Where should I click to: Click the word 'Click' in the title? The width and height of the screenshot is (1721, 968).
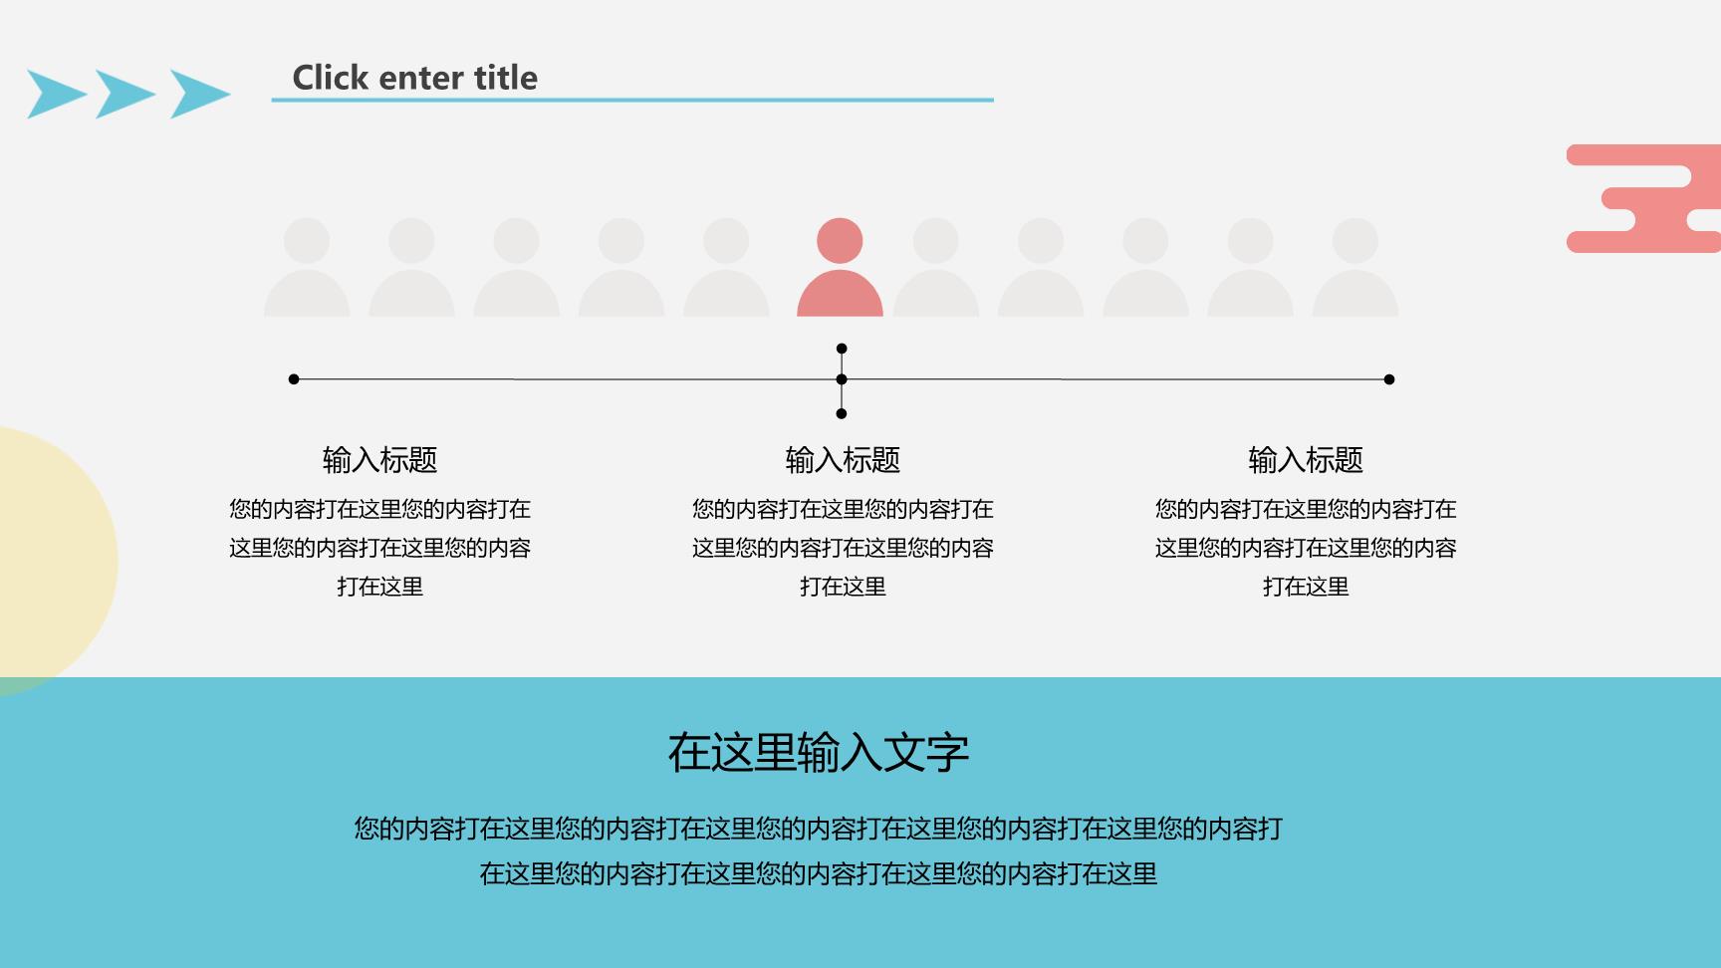click(331, 78)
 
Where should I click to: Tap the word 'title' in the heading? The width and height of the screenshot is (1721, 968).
click(506, 78)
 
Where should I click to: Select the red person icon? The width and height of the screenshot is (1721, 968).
click(840, 267)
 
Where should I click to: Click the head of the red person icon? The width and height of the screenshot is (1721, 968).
click(840, 241)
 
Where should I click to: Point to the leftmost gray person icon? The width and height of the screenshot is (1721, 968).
click(307, 267)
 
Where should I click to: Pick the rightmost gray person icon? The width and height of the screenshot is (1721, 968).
click(1355, 267)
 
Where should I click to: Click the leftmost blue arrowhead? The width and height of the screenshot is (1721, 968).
click(55, 95)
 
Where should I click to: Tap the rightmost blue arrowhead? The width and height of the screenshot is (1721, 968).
click(199, 95)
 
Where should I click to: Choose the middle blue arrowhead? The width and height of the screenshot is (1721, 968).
click(124, 95)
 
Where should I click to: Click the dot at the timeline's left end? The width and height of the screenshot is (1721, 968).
click(294, 379)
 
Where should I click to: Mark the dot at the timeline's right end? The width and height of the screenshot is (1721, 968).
click(1389, 379)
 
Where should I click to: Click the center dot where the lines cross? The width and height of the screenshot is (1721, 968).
click(842, 379)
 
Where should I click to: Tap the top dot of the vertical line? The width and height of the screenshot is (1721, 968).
click(842, 349)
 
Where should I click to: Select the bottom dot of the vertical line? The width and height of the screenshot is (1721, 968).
click(842, 413)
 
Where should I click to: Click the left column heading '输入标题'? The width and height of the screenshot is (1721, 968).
click(379, 460)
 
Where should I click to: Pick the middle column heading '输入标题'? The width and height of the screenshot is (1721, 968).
click(843, 460)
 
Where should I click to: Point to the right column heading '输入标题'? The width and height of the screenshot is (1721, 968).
click(1306, 460)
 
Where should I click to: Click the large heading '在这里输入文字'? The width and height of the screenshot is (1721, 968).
click(818, 752)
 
